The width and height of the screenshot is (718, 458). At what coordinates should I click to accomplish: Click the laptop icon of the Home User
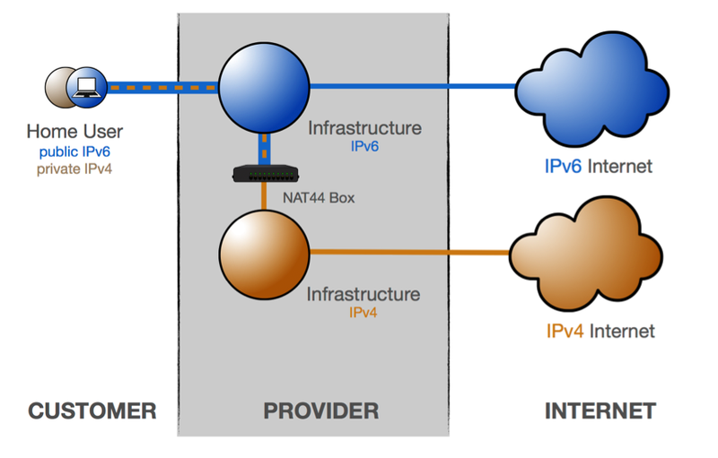click(x=87, y=87)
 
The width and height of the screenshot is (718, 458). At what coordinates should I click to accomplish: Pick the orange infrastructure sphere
click(x=264, y=254)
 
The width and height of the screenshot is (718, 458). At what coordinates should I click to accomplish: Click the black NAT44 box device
click(x=265, y=172)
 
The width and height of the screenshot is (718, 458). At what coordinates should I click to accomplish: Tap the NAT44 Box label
click(x=318, y=197)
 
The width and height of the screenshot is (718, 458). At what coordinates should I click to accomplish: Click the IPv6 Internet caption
click(x=598, y=166)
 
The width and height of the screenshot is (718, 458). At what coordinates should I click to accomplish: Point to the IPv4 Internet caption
click(x=600, y=332)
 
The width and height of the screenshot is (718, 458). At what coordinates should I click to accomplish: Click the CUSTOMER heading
click(x=92, y=411)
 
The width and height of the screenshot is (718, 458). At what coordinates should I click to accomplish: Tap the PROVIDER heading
click(x=320, y=411)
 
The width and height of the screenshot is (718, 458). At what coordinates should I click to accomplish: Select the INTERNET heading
click(x=600, y=411)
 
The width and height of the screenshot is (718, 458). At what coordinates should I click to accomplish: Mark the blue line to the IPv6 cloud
click(x=413, y=87)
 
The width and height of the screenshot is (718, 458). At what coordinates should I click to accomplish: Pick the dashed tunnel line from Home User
click(x=162, y=88)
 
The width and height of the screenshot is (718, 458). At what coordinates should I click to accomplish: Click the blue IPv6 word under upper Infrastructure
click(x=365, y=146)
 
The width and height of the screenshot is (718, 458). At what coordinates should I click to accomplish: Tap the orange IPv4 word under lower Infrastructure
click(x=364, y=312)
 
